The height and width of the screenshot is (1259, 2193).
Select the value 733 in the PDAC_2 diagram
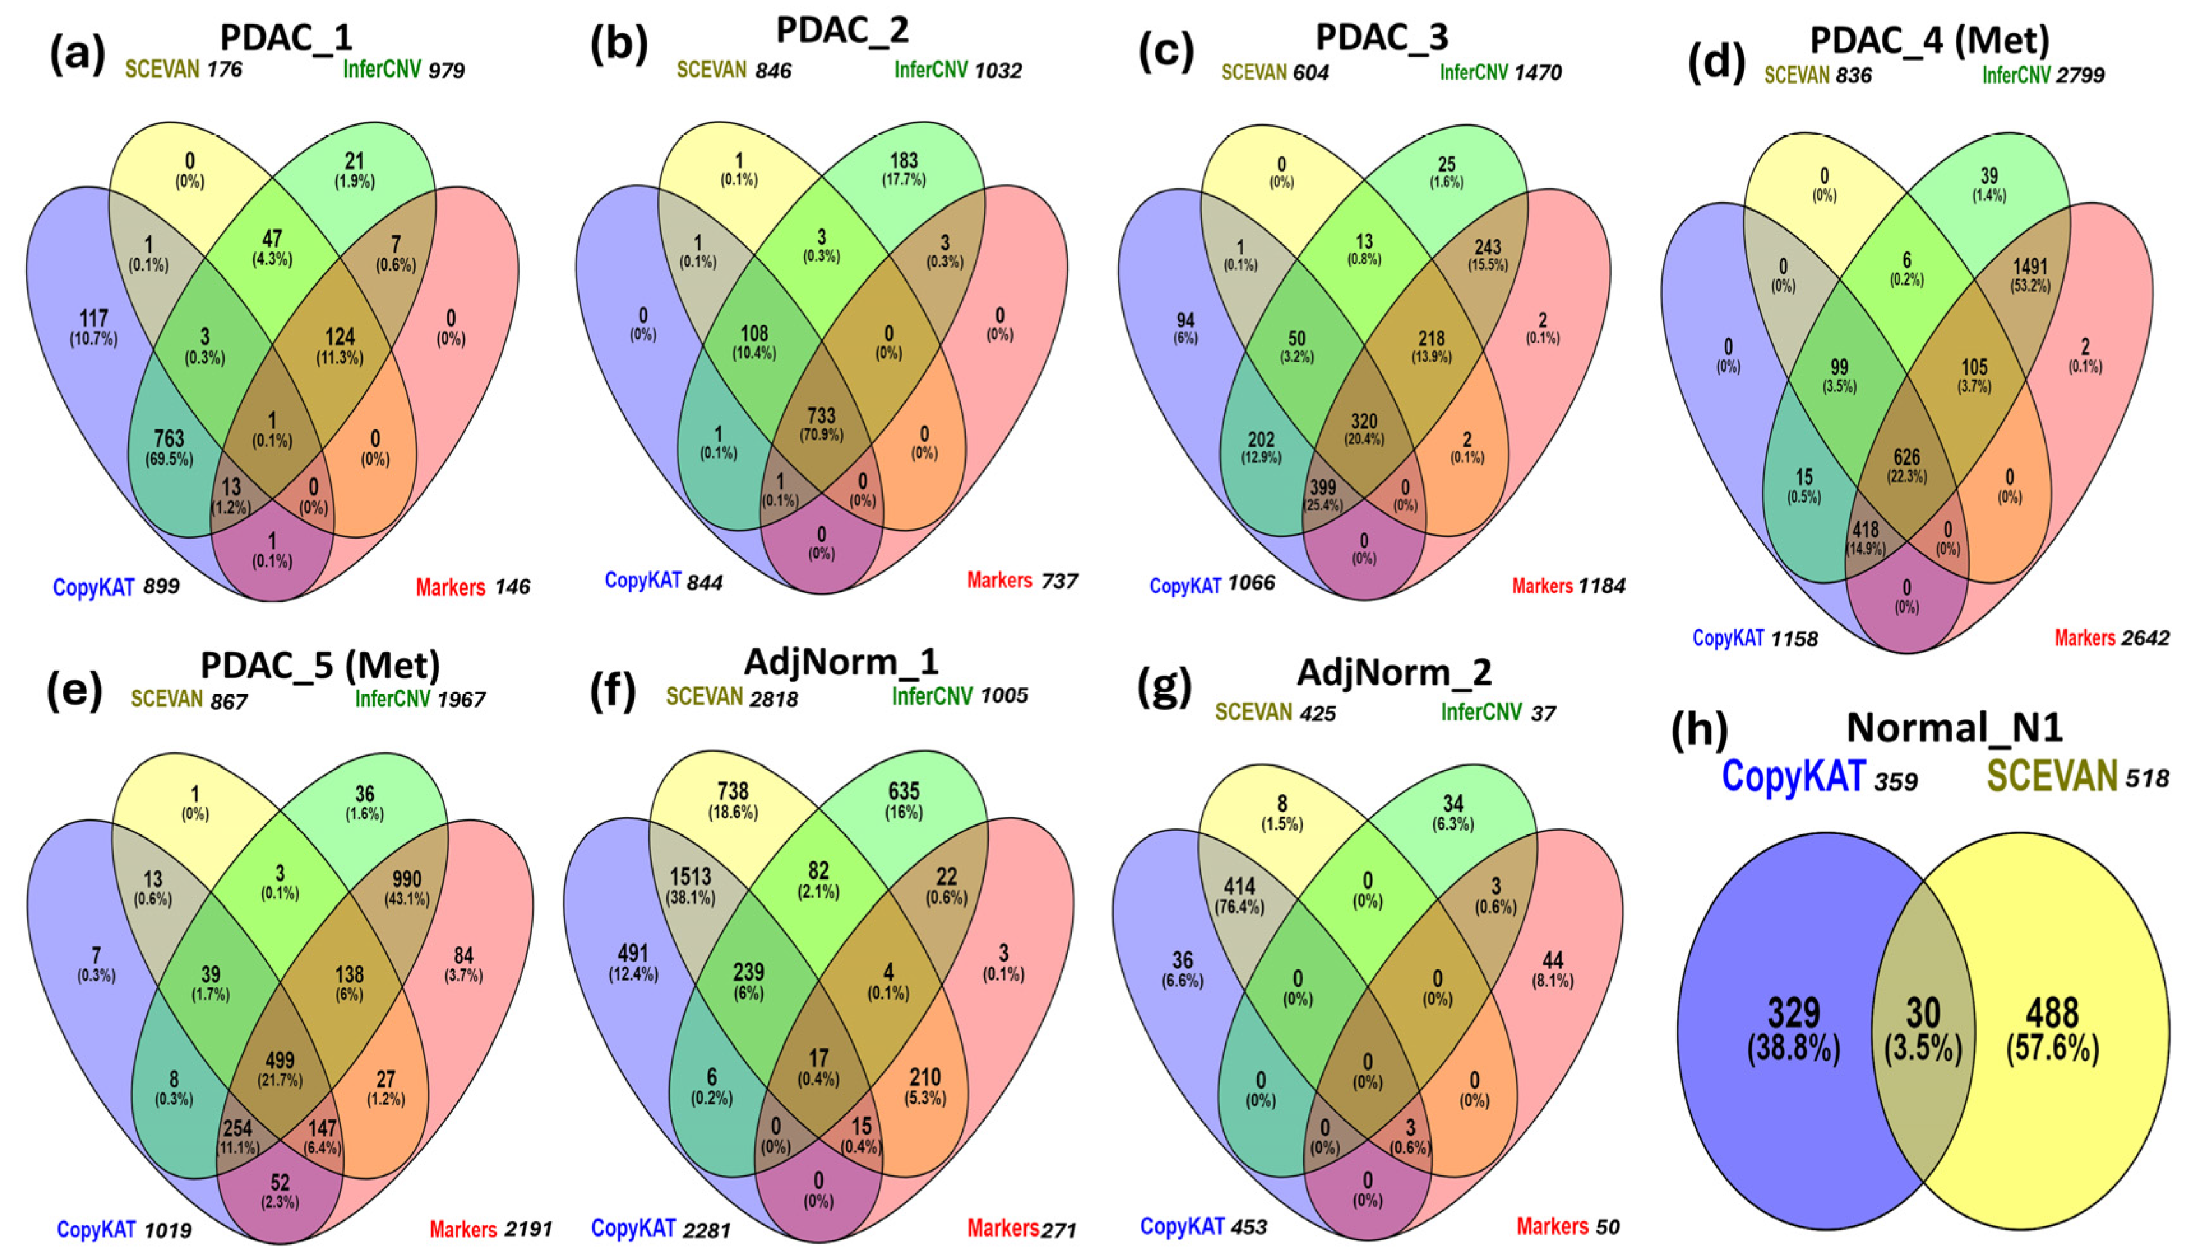pos(821,417)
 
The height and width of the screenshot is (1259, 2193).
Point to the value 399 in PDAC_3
pos(1322,487)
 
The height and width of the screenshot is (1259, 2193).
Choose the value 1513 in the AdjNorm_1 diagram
pos(690,877)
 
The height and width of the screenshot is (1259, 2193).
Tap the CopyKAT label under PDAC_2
pos(643,580)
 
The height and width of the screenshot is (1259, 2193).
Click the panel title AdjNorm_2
pos(1394,672)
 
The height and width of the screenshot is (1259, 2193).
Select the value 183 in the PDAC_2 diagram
pos(903,161)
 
